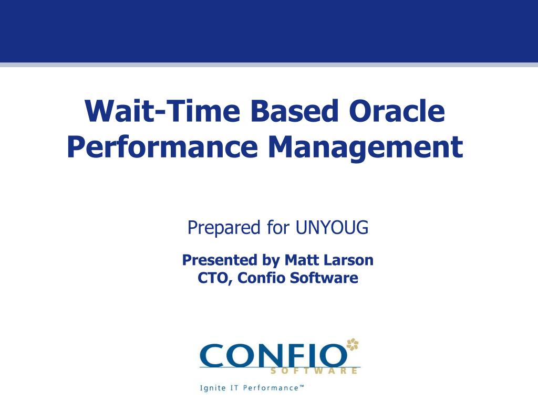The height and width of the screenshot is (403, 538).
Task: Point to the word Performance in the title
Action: tap(162, 147)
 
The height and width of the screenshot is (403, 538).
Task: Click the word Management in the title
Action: tap(365, 147)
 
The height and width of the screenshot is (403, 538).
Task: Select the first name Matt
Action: tap(299, 260)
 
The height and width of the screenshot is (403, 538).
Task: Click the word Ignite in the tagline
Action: tap(211, 388)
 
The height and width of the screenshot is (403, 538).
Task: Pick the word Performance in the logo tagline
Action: tap(270, 388)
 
